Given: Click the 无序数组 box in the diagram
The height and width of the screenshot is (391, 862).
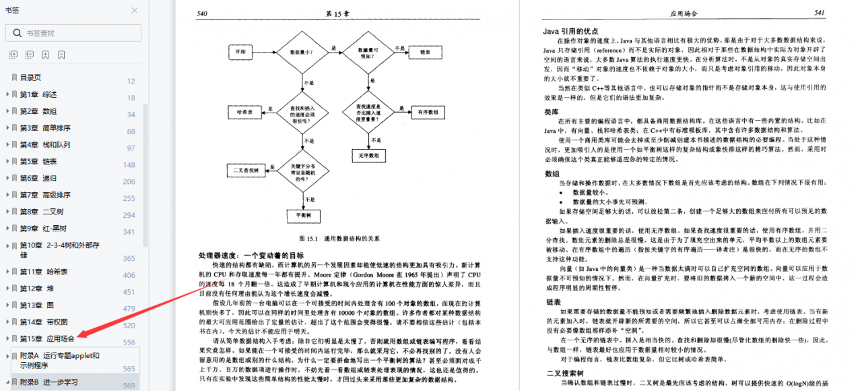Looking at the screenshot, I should (369, 155).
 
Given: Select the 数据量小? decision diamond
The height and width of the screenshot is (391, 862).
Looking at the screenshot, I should (300, 51).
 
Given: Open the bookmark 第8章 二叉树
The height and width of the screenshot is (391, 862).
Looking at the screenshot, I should (44, 212).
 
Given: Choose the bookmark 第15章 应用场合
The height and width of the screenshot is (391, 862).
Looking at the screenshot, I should (47, 338).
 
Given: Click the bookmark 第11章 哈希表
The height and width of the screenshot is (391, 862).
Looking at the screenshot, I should (44, 271).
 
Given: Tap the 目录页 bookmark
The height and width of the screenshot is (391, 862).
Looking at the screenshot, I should (30, 78).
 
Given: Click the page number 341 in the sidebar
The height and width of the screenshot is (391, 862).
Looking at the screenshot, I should (129, 232).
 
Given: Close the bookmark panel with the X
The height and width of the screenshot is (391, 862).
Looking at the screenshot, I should (135, 10).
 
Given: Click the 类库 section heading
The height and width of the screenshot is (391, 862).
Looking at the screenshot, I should (552, 112).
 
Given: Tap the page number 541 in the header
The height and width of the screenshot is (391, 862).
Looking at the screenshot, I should (819, 13).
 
